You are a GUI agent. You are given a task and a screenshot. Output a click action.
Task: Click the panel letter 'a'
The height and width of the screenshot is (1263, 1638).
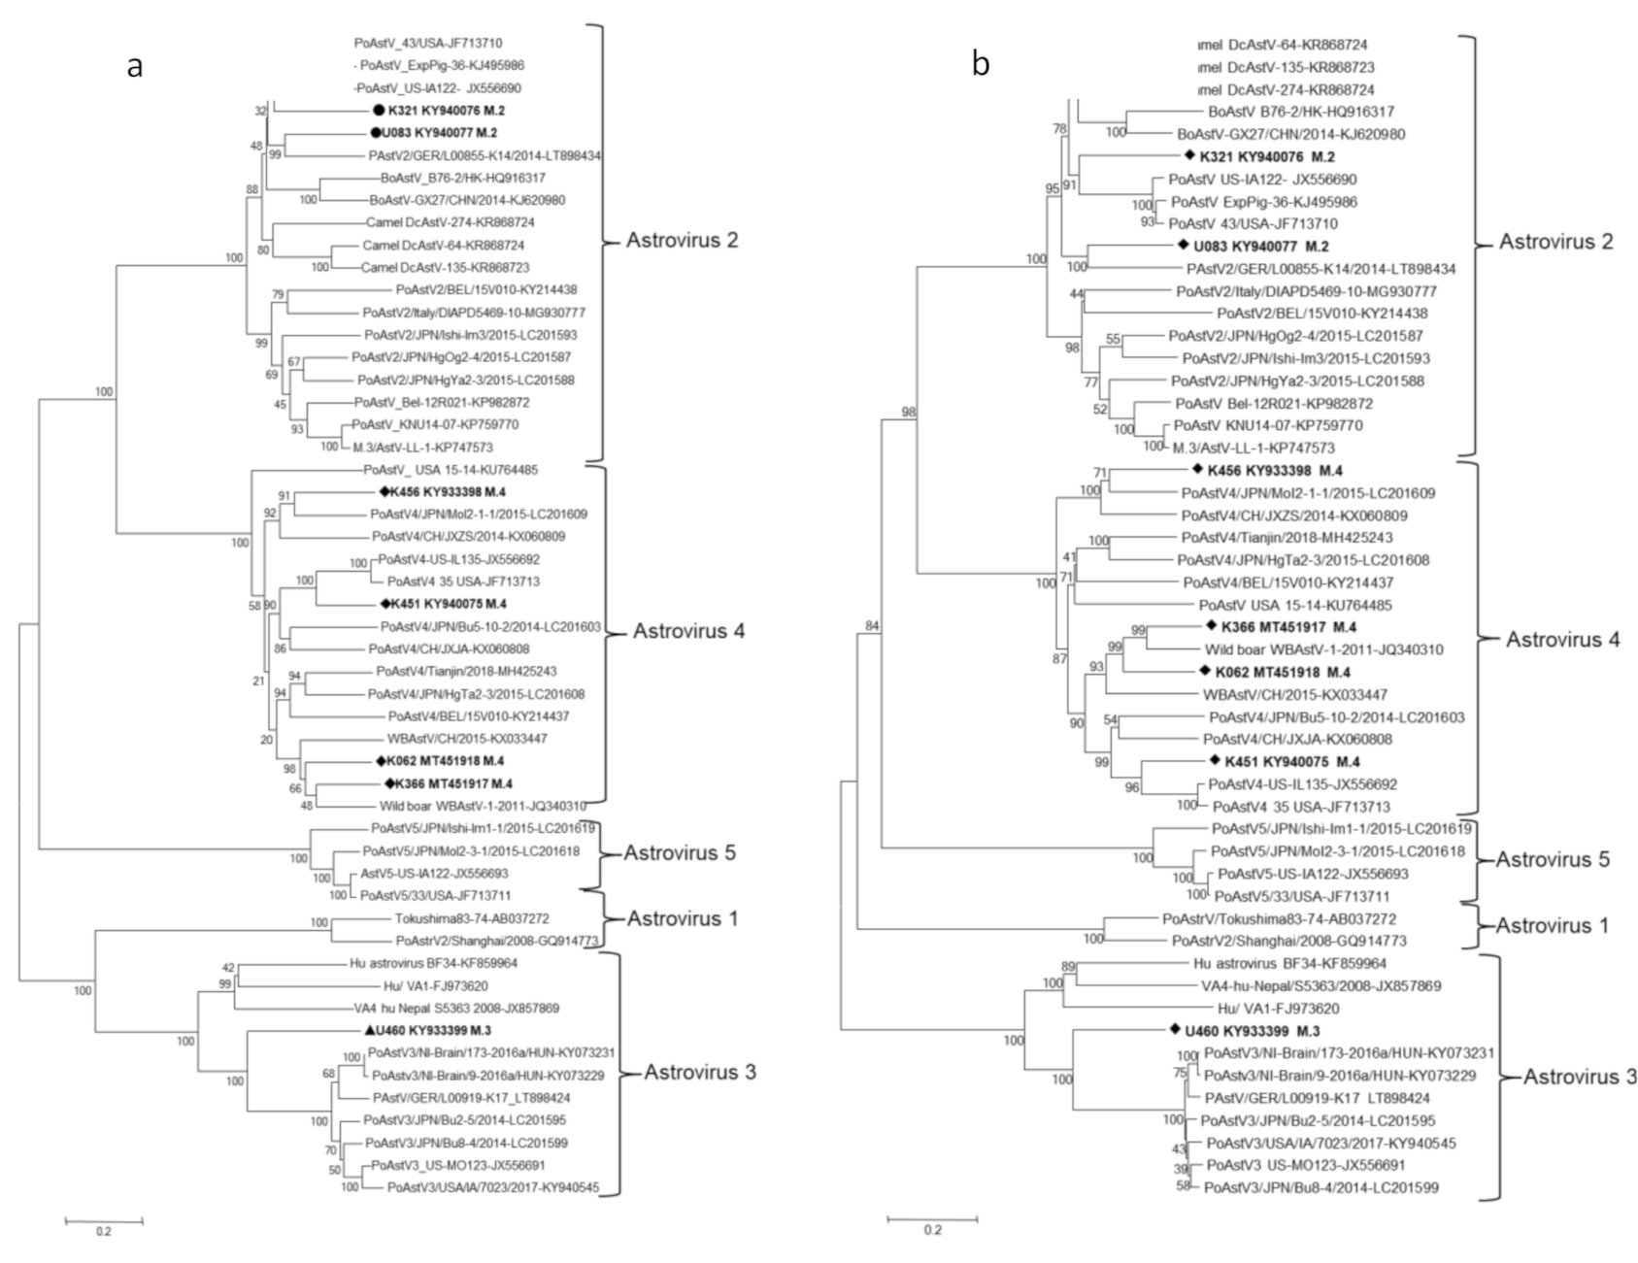135,67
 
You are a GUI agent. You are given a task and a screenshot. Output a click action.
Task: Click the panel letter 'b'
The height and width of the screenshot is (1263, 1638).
982,64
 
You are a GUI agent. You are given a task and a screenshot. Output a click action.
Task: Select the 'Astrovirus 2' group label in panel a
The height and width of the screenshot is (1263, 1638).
682,240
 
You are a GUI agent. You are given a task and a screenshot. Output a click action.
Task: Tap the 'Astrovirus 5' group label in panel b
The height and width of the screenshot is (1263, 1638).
1552,859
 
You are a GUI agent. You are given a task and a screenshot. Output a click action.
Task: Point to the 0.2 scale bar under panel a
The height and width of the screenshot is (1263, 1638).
104,1219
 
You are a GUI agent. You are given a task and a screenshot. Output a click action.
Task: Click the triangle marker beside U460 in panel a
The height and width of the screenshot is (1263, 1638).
370,1031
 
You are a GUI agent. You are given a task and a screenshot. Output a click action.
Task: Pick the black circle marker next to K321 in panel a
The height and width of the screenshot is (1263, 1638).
380,111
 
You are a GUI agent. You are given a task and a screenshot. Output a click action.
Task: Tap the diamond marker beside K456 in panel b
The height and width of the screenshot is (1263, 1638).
1197,471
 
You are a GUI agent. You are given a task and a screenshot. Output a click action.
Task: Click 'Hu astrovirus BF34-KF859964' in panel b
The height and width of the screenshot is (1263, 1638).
1289,964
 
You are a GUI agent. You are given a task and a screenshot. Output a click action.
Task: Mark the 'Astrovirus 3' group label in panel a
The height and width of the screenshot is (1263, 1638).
699,1072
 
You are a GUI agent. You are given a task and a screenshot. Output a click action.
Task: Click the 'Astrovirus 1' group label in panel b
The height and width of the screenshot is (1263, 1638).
1552,925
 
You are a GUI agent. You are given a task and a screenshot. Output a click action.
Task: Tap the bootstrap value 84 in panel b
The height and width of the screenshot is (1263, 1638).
871,626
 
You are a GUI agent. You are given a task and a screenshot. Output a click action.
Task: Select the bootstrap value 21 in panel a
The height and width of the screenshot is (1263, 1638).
258,681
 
